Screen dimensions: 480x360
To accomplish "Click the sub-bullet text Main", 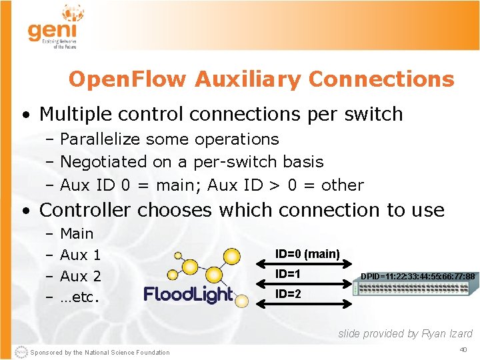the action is coord(77,234).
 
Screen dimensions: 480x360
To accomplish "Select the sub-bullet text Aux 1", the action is coord(80,255).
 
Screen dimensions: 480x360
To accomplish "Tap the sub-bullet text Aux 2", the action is coord(80,276).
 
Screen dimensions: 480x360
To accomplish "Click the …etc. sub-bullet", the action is coord(80,297).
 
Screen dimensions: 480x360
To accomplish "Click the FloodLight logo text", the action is coord(188,295).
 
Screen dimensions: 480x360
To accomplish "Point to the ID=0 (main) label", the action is coord(307,253).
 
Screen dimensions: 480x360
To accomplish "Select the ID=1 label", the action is coord(288,274).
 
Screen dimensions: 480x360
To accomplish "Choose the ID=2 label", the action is coord(288,294).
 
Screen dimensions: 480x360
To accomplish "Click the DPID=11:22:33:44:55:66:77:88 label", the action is coord(417,277).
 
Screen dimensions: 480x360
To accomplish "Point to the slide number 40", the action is coord(463,350).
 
